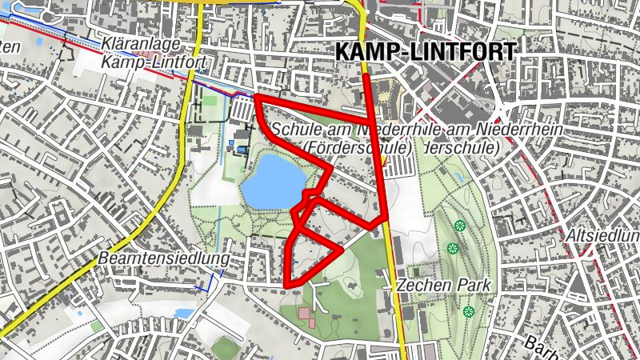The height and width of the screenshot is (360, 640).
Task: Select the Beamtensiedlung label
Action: click(163, 259)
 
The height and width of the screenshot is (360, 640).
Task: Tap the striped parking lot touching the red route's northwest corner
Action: click(240, 107)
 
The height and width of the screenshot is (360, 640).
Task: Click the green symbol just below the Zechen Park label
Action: click(469, 310)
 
